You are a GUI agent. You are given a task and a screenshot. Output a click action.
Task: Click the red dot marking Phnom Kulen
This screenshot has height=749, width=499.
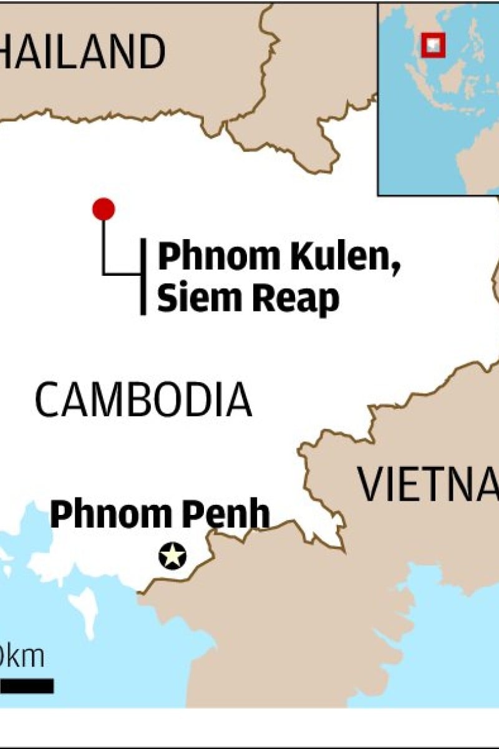(104, 209)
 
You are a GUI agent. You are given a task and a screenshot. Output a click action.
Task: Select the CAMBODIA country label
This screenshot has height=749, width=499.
(143, 400)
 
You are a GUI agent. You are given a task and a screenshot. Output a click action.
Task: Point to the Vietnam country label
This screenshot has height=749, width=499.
(428, 484)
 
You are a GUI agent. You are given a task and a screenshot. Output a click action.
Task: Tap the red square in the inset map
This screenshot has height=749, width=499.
(433, 44)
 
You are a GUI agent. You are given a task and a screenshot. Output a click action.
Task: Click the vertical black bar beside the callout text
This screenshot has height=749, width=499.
(143, 276)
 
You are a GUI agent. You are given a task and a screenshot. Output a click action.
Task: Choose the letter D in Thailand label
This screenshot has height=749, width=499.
(151, 52)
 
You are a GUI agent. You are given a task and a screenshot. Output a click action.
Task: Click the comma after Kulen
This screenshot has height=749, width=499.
(395, 267)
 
